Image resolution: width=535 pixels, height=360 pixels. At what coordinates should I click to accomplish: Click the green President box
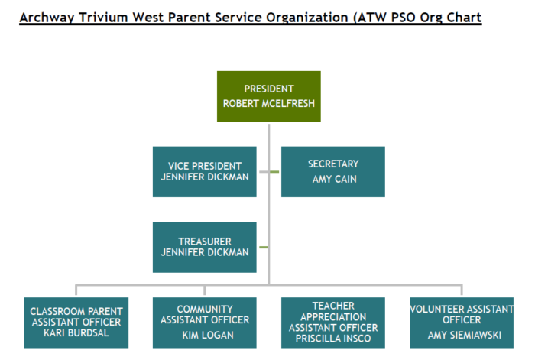point(268,96)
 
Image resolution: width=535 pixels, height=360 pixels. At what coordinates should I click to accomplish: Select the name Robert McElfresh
point(268,103)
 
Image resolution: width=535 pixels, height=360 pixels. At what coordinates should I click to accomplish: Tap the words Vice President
point(204,165)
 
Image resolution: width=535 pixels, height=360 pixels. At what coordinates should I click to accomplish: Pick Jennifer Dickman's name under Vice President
point(204,177)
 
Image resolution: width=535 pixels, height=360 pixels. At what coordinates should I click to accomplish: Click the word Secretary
point(332,164)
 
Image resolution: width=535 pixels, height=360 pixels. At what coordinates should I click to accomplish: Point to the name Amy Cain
point(332,179)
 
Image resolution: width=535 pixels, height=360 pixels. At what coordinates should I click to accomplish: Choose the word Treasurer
point(204,241)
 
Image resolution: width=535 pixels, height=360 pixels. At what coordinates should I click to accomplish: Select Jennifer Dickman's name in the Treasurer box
point(204,252)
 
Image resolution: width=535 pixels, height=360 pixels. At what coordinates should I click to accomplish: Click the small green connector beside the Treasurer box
point(263,247)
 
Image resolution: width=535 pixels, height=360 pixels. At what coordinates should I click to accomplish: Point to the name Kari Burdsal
point(76,333)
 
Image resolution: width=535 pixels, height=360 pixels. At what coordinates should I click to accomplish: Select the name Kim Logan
point(204,335)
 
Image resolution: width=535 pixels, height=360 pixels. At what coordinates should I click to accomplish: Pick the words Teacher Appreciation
point(332,311)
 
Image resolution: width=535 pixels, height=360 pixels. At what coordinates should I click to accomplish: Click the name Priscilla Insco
point(332,339)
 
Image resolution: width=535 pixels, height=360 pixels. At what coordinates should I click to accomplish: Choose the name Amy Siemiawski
point(461,335)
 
